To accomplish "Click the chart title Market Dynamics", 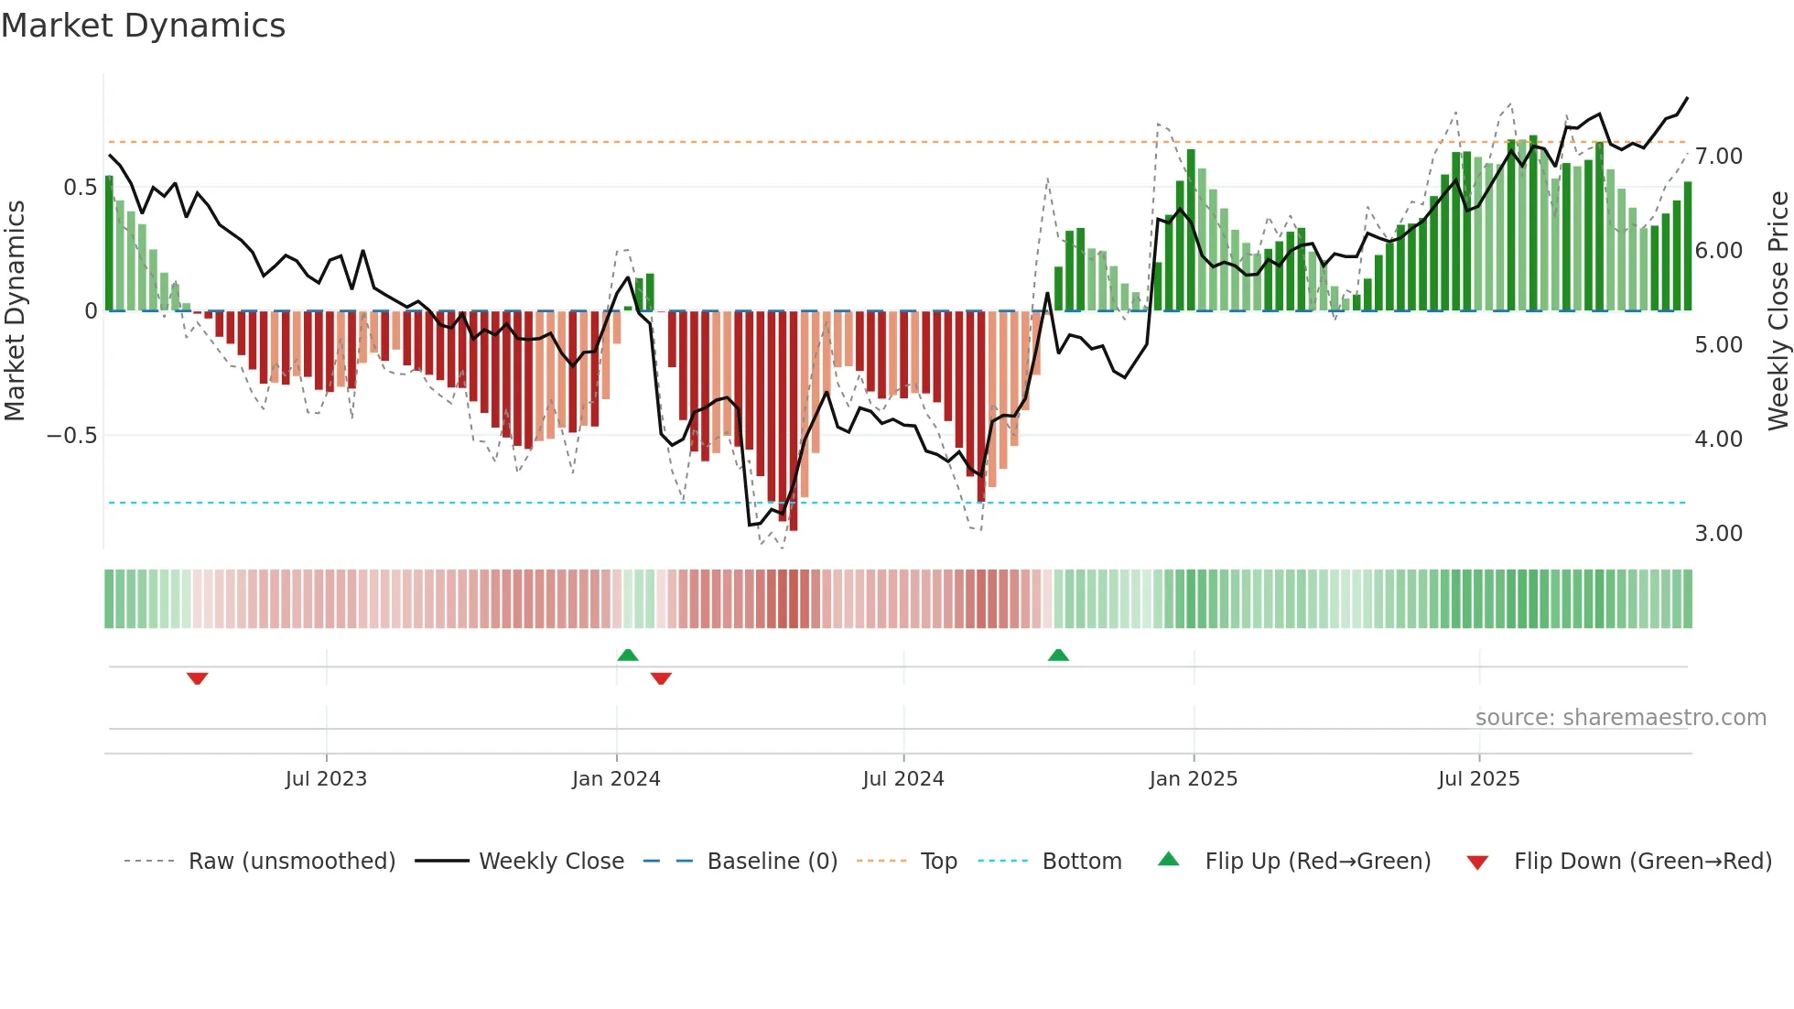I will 143,26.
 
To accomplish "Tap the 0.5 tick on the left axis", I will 80,188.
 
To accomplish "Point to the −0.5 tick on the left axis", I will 71,436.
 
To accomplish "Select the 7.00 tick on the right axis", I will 1718,157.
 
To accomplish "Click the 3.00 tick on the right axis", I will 1718,534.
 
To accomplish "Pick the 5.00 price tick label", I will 1718,345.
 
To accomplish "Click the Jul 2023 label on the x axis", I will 326,779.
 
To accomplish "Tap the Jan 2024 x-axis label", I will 616,779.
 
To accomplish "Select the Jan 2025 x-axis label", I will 1194,779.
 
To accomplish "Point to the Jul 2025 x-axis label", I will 1478,779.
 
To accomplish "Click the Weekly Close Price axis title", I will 1778,310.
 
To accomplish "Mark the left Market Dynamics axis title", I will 15,310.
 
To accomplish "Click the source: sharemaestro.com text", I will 1620,718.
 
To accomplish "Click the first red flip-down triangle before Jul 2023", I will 197,678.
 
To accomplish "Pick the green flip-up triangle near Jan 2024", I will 628,655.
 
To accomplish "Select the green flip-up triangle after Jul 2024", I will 1058,655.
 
